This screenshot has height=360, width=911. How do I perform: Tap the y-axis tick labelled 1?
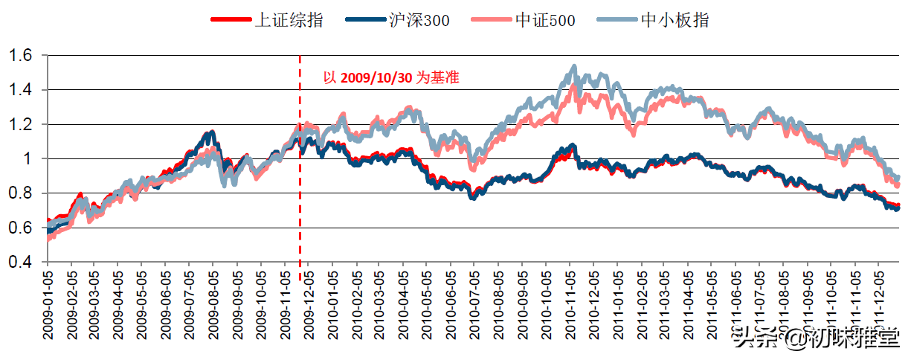click(28, 158)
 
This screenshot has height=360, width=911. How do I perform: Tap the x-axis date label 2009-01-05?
click(48, 305)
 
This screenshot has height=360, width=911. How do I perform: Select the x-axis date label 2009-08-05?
click(213, 305)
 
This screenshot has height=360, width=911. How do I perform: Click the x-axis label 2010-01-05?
click(332, 305)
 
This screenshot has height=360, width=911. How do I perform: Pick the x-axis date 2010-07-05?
click(474, 305)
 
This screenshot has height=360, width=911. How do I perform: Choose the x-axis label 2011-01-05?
click(617, 305)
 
